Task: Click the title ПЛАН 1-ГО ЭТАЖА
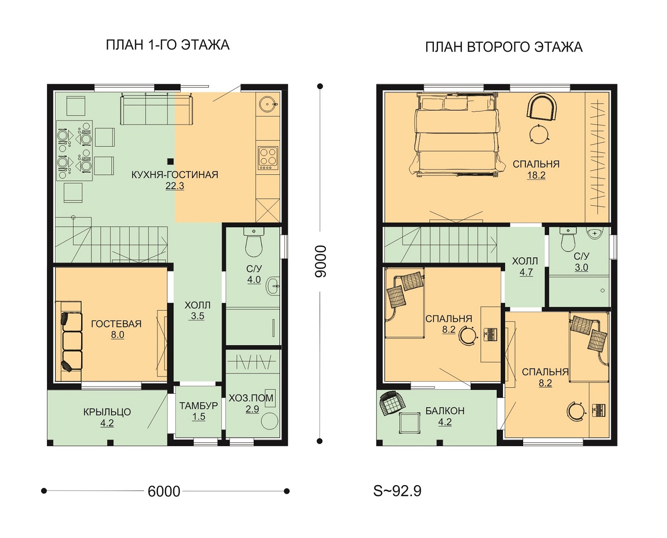(168, 45)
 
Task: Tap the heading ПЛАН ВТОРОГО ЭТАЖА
(504, 48)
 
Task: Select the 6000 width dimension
(164, 491)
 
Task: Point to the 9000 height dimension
(321, 261)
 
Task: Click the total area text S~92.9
(397, 491)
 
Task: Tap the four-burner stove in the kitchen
(268, 158)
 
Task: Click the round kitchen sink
(268, 104)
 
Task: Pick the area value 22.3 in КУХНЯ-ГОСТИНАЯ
(175, 186)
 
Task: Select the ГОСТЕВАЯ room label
(116, 324)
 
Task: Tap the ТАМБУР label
(199, 406)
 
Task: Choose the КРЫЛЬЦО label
(107, 412)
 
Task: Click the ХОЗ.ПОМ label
(251, 398)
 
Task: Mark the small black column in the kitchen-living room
(170, 161)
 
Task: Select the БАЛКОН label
(445, 411)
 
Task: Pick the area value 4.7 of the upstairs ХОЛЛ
(526, 272)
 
